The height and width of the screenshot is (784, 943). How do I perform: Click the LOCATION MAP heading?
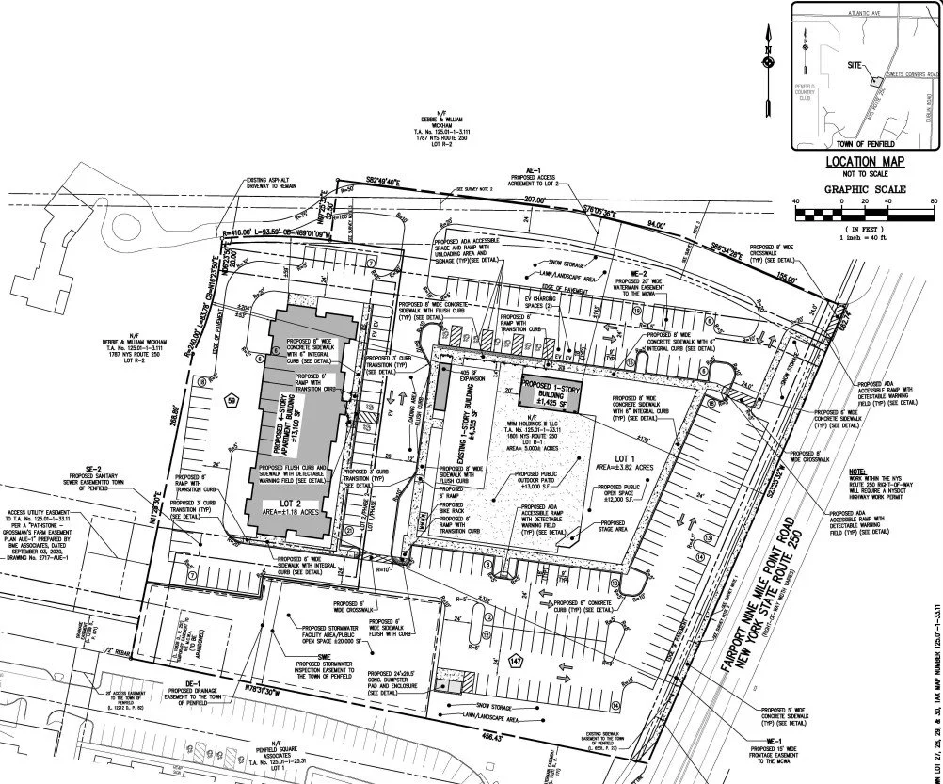tap(864, 162)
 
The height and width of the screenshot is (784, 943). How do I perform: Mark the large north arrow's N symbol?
tap(769, 49)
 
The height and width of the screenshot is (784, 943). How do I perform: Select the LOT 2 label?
tap(268, 505)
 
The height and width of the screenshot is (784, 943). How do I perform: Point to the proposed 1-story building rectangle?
tap(548, 392)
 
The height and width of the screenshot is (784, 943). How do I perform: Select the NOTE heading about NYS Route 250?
tap(857, 471)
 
